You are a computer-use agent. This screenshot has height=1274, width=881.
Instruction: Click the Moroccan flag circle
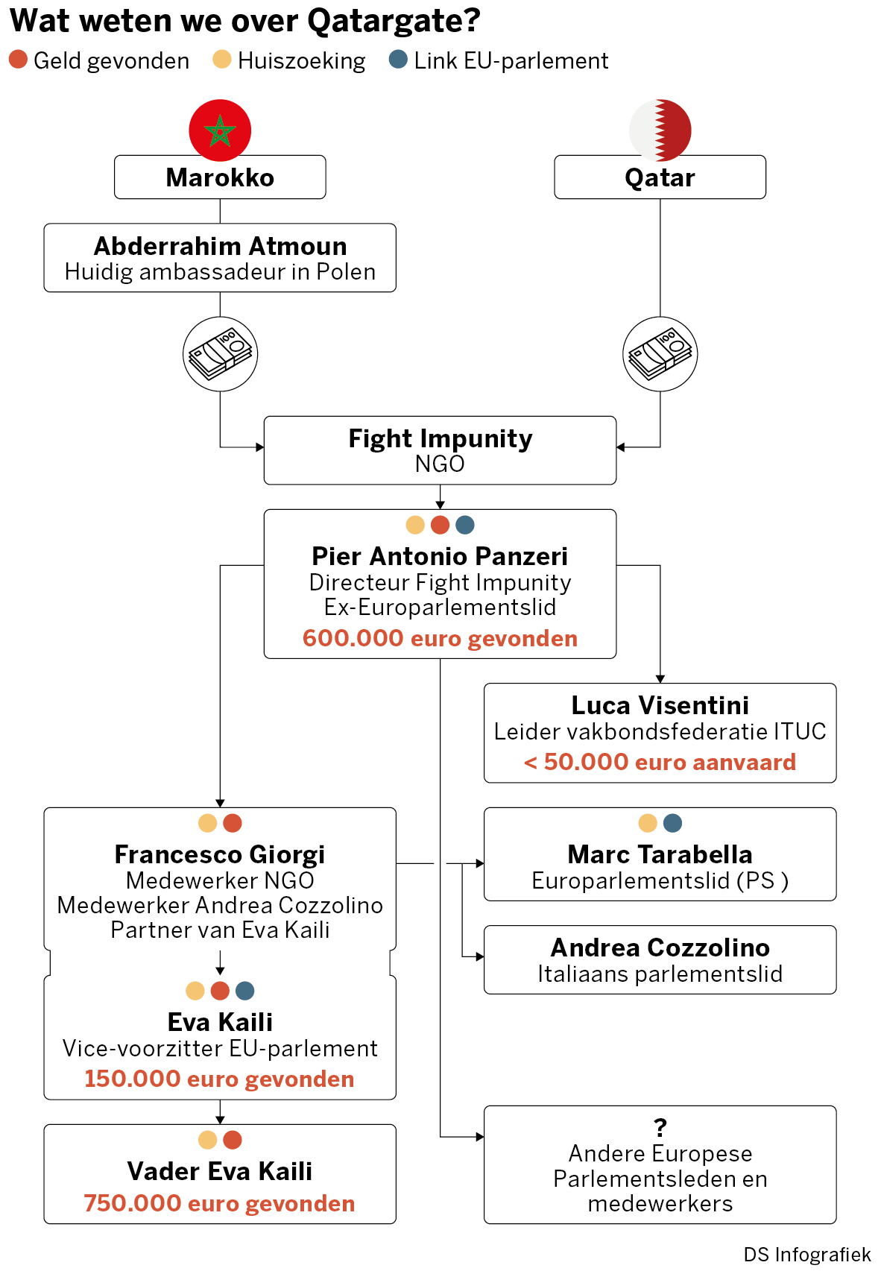tap(220, 130)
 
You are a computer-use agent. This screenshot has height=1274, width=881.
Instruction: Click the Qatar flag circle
tap(660, 130)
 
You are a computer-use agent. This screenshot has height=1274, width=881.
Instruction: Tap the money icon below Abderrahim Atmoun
tap(220, 354)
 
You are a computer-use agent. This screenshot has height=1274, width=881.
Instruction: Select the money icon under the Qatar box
tap(660, 354)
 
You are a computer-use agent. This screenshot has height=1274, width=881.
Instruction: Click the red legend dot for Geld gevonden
tap(18, 60)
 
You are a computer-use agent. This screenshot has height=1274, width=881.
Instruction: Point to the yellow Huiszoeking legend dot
tap(221, 60)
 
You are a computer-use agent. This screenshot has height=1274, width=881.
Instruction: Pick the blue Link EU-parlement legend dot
tap(398, 60)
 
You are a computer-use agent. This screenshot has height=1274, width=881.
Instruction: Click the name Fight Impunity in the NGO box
tap(440, 438)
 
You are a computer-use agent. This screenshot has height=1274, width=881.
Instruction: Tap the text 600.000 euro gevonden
tap(440, 638)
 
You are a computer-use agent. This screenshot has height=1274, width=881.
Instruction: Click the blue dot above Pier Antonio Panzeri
tap(464, 524)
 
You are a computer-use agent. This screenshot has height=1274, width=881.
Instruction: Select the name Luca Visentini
tap(660, 705)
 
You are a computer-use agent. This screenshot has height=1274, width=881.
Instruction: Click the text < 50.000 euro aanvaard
tap(660, 762)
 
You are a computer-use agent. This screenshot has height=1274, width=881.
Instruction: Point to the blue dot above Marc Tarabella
tap(672, 822)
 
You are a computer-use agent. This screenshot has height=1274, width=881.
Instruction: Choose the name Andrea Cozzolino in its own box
tap(660, 947)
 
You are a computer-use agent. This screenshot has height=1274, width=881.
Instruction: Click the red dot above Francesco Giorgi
tap(232, 822)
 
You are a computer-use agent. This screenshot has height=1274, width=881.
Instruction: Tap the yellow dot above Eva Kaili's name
tap(195, 990)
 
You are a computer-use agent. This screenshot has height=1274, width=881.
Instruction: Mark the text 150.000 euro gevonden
tap(220, 1079)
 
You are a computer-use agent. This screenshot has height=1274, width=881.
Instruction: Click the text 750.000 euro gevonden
tap(220, 1203)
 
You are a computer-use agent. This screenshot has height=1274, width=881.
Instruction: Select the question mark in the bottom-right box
tap(660, 1126)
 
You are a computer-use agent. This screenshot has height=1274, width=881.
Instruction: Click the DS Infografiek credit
tap(807, 1254)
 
